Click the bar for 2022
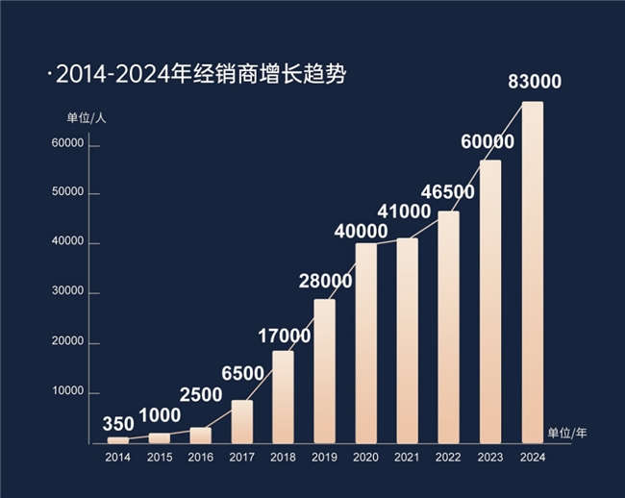pos(448,327)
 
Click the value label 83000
pos(534,83)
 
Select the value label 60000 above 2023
pos(487,141)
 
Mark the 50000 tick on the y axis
pos(70,193)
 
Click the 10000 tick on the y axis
pos(70,392)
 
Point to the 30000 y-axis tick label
pos(70,292)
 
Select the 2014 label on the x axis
pos(117,458)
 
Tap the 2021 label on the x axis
pos(407,458)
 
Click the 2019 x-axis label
pos(324,458)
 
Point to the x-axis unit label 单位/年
pos(566,434)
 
